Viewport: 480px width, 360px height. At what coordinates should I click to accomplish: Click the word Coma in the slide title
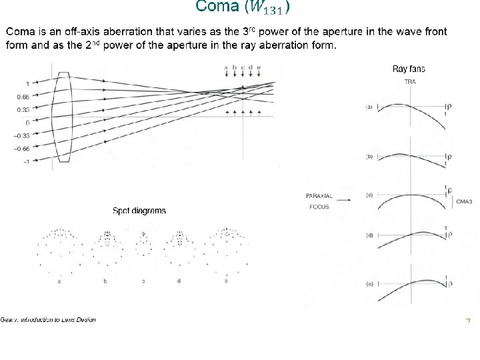(x=217, y=7)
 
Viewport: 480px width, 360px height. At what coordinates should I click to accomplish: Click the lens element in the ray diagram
(x=64, y=117)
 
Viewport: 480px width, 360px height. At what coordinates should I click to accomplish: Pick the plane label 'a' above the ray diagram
(x=226, y=67)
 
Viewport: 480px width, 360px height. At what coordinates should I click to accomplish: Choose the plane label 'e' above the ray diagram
(x=259, y=67)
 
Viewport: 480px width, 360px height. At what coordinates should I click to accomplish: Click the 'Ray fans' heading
(x=409, y=69)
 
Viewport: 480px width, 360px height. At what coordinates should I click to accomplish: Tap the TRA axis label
(x=411, y=81)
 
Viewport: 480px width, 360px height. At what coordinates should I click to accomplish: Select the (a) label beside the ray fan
(x=369, y=107)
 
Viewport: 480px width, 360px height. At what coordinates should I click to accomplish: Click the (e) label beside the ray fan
(x=369, y=283)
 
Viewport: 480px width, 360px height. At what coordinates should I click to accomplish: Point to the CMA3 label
(x=465, y=201)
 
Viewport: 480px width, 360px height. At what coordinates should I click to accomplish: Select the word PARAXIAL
(x=319, y=196)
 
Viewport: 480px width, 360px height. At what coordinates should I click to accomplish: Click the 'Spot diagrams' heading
(x=139, y=211)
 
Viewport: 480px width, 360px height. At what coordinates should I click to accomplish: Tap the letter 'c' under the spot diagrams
(x=143, y=281)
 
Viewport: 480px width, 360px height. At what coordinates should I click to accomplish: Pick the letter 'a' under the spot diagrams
(x=59, y=281)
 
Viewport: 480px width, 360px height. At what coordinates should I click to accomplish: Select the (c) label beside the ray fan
(x=369, y=195)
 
